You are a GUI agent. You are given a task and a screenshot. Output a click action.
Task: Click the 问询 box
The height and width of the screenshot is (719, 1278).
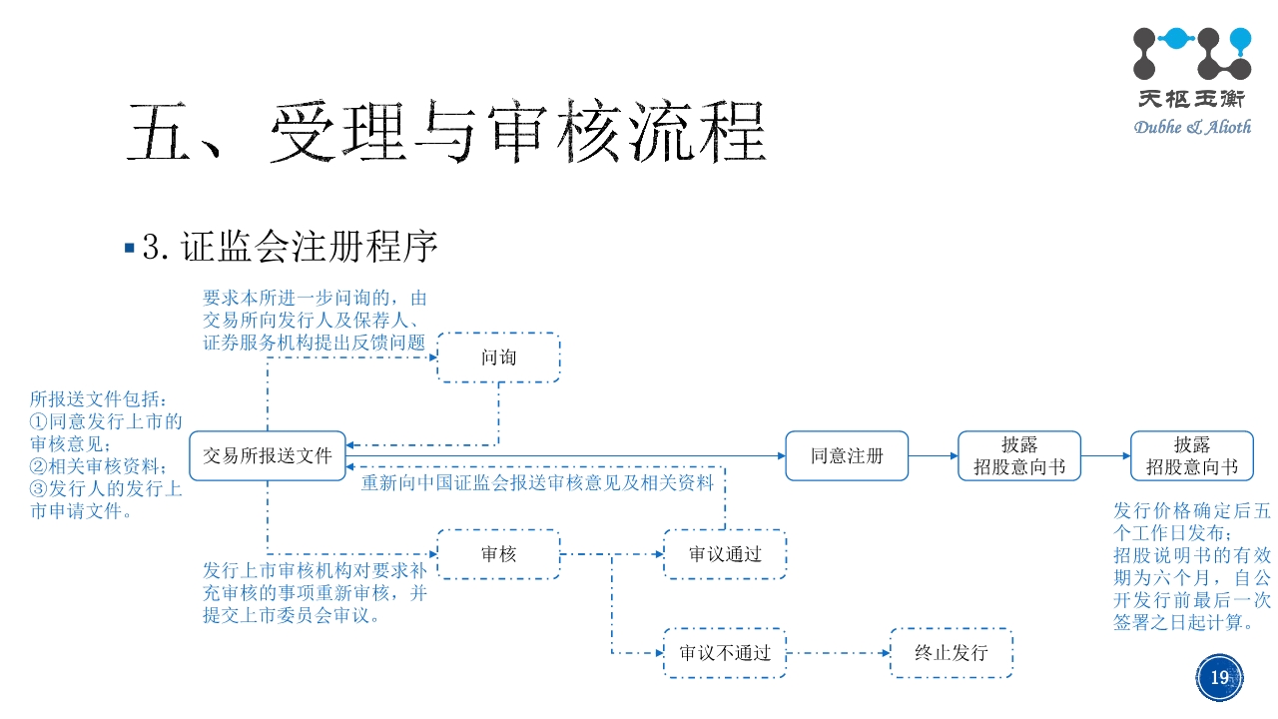[498, 358]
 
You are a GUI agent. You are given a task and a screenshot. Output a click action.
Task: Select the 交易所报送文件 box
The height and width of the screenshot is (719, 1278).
[268, 456]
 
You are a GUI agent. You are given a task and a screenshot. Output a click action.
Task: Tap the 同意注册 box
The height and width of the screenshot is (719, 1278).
[847, 456]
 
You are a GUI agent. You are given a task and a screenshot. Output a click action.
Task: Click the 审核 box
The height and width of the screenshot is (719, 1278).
[498, 554]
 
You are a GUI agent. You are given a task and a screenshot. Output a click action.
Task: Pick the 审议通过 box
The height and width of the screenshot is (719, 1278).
[725, 554]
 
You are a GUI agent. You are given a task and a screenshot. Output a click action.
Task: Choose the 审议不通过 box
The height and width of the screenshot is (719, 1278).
[725, 653]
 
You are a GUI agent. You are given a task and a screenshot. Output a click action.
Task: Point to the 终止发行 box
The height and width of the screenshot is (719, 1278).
[951, 653]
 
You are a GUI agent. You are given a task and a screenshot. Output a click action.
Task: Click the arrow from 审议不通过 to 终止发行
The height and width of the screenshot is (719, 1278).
[838, 653]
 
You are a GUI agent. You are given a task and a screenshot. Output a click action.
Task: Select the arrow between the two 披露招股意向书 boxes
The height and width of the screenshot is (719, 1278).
[1105, 456]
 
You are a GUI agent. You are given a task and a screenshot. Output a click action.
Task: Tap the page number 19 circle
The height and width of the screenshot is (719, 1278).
[1219, 678]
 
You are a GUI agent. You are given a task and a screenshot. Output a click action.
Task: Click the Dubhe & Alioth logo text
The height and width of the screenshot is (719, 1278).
[1191, 127]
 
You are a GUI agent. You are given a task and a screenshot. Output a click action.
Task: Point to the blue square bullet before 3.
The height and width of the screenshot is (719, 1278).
[129, 247]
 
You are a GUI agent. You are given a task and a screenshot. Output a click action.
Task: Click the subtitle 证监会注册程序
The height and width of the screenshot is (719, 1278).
[310, 247]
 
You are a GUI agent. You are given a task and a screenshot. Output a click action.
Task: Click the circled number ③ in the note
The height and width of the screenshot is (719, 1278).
[38, 488]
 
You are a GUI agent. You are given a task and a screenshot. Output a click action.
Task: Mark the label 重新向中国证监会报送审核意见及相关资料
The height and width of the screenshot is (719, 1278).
[537, 483]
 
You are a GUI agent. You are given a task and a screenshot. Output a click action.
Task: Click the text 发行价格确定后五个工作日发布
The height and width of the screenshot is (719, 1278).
[1192, 521]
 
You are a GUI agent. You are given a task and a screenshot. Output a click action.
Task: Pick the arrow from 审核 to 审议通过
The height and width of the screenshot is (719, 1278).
[611, 554]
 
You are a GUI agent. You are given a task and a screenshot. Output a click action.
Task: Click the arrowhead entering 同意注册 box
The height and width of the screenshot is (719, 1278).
[780, 456]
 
